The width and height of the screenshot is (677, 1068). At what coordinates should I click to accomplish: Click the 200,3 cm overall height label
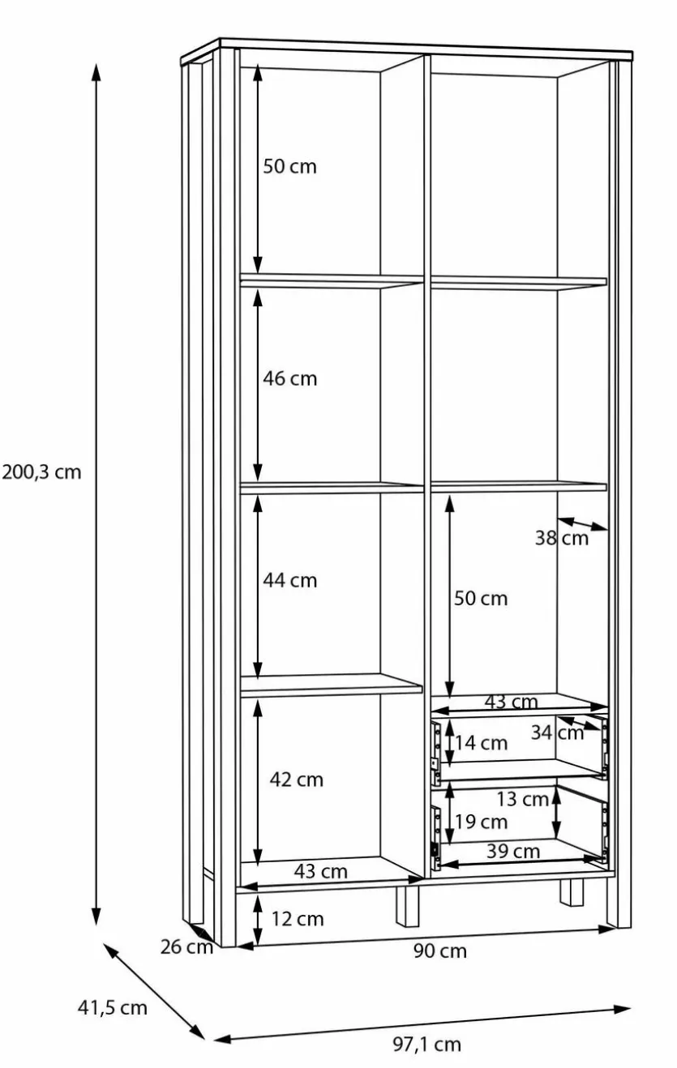tap(42, 472)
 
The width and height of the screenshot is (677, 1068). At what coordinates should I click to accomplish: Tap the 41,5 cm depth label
tap(112, 1008)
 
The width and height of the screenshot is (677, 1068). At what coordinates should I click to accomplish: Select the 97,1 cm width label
tap(426, 1045)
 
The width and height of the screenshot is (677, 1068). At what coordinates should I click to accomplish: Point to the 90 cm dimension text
tap(440, 951)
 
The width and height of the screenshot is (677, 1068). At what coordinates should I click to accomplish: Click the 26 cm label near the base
tap(186, 946)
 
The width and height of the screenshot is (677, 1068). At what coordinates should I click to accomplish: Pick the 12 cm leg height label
tap(298, 919)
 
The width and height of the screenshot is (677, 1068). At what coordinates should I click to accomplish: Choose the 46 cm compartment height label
tap(290, 378)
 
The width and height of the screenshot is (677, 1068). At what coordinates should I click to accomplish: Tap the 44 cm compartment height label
tap(290, 580)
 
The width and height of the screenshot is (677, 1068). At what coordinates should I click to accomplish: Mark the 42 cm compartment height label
tap(296, 780)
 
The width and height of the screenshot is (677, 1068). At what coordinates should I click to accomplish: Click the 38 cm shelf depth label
tap(562, 538)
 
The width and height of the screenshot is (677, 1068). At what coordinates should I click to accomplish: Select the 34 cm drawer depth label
tap(557, 733)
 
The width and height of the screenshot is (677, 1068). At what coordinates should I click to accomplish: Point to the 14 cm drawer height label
tap(481, 743)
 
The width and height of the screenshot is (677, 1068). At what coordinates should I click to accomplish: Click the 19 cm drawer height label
tap(481, 822)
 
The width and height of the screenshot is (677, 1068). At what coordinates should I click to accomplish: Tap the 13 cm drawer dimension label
tap(523, 800)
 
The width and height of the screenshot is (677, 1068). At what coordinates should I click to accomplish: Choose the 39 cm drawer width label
tap(513, 851)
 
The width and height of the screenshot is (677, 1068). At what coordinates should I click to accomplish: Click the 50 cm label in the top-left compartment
tap(290, 166)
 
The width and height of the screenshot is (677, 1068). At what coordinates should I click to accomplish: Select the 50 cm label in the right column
tap(481, 598)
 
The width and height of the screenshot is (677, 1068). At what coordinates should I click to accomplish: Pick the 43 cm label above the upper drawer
tap(511, 702)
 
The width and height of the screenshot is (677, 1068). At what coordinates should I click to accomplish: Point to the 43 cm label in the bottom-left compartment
tap(320, 872)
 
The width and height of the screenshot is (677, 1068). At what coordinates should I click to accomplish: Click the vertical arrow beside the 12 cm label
tap(258, 920)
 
